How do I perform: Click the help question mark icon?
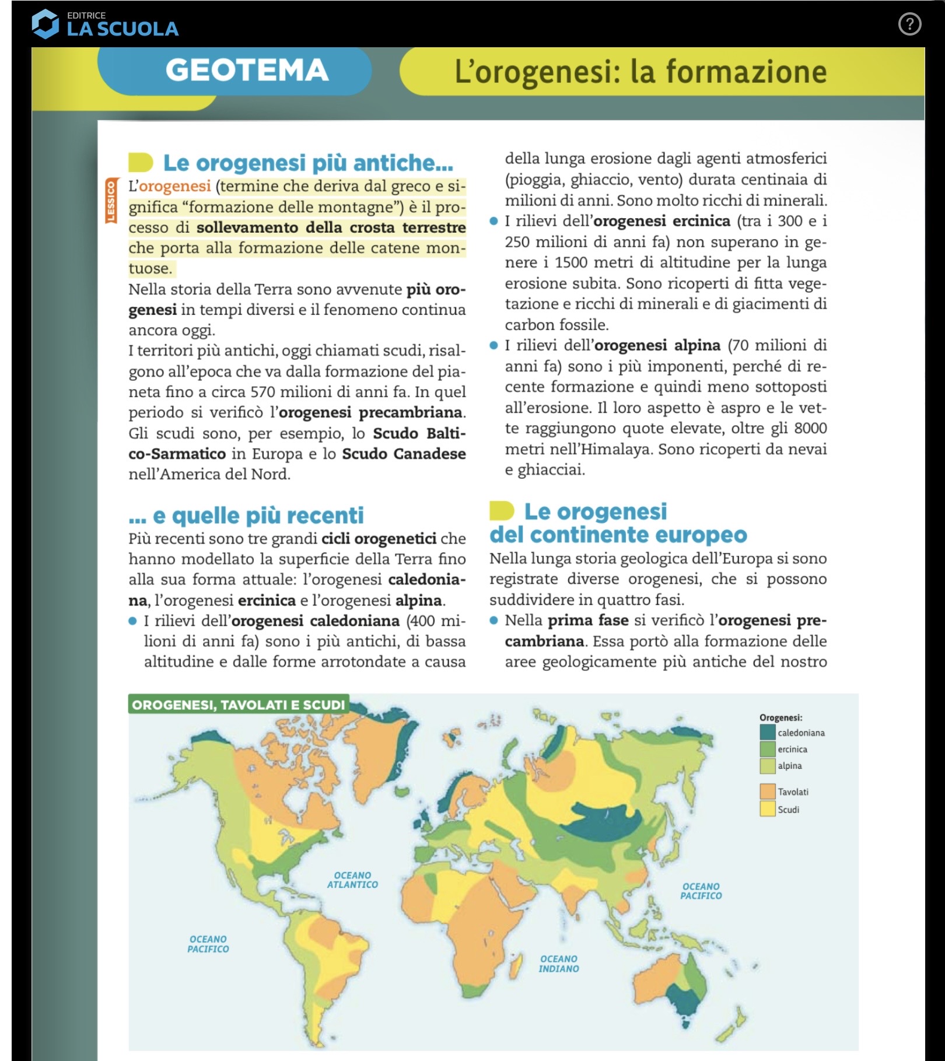pos(909,24)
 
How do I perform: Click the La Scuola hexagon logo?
pos(45,24)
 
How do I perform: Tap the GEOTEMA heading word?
pos(247,71)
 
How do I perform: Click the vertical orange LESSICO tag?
pos(110,201)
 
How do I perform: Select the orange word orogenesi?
pos(175,186)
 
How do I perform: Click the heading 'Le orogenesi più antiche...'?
pos(307,163)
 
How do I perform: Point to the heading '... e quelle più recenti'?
pos(246,516)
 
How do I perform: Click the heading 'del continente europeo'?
pos(618,535)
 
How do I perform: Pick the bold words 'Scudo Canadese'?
pos(404,454)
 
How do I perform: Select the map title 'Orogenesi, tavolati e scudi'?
pos(238,705)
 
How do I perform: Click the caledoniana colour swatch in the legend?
pos(767,732)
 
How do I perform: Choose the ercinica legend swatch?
pos(767,749)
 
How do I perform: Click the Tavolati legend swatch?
pos(767,792)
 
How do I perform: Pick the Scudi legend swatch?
pos(767,809)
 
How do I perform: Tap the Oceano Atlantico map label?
pos(352,880)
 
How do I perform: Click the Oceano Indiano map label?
pos(558,964)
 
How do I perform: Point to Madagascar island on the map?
pos(516,966)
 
